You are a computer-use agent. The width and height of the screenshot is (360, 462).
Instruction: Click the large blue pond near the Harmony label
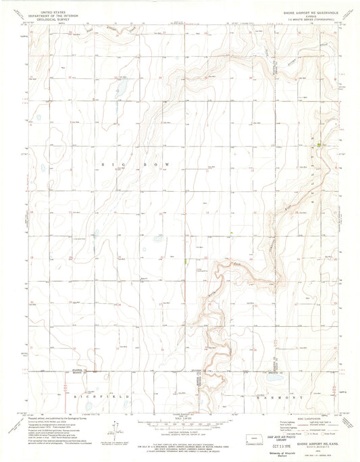[x=275, y=379]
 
